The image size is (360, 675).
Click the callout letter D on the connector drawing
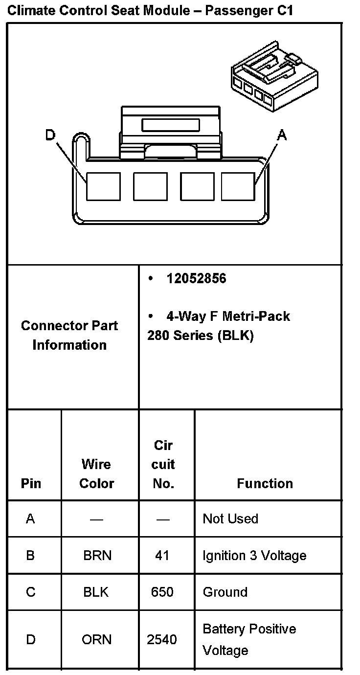click(x=50, y=135)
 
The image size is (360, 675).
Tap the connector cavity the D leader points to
click(x=103, y=186)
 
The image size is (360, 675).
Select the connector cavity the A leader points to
click(x=238, y=186)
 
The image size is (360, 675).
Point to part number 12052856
click(x=196, y=279)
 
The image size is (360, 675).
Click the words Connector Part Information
click(x=69, y=335)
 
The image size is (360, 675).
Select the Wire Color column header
click(x=97, y=473)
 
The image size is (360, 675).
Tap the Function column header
click(x=265, y=483)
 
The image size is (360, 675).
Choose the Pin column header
click(x=31, y=483)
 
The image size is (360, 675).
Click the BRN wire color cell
click(x=97, y=555)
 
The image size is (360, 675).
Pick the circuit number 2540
click(x=162, y=639)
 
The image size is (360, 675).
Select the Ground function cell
click(x=225, y=592)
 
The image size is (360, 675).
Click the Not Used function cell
click(x=230, y=518)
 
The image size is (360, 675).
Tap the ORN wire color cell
click(x=97, y=639)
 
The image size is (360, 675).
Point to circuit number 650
click(x=162, y=592)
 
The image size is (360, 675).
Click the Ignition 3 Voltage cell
click(x=254, y=555)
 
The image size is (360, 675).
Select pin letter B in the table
click(x=30, y=555)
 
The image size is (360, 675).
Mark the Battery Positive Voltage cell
click(x=249, y=639)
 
